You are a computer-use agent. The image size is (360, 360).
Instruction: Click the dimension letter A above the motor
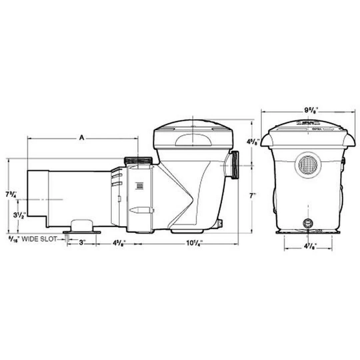[x=82, y=137]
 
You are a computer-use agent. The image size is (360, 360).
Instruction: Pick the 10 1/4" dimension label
[x=192, y=244]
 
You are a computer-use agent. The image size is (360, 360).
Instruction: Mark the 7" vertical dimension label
[x=253, y=195]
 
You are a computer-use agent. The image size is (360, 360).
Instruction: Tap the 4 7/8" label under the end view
[x=308, y=247]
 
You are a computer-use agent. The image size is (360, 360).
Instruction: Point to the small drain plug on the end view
[x=307, y=223]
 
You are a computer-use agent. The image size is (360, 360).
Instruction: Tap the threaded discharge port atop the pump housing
[x=138, y=160]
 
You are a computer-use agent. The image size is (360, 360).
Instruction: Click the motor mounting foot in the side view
[x=81, y=228]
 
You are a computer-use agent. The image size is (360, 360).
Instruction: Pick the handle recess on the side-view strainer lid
[x=193, y=140]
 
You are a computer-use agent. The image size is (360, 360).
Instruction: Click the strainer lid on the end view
[x=307, y=133]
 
